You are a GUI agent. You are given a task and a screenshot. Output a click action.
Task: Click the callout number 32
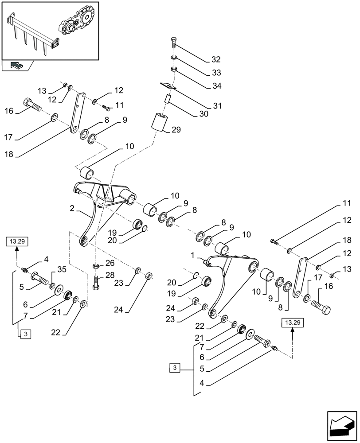coord(215,60)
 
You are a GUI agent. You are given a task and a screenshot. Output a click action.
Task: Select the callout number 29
coord(176,129)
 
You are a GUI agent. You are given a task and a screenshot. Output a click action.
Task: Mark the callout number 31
coord(216,106)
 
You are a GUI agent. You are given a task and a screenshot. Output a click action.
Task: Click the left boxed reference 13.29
coord(17,241)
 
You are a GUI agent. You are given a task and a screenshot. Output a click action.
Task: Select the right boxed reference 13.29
coord(293,323)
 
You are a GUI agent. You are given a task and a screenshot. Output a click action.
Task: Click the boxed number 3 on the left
coord(25,334)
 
